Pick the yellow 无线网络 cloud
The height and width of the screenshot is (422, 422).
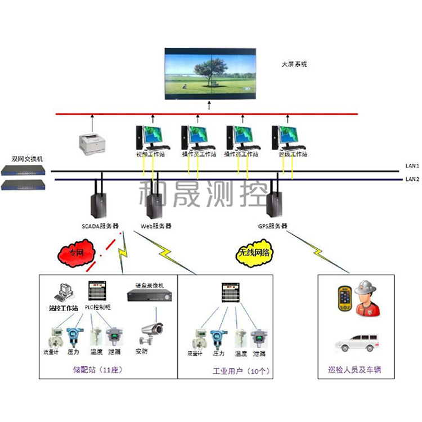pos(254,253)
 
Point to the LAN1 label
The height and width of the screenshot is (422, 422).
pos(412,166)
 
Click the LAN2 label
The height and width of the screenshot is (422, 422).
pos(412,179)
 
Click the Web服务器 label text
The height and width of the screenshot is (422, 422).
pos(156,226)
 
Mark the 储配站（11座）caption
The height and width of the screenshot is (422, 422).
pos(98,370)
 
